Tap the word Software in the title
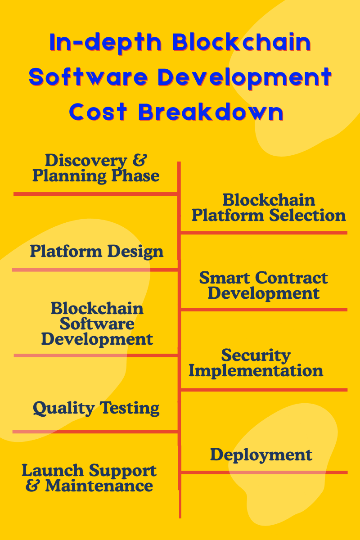point(88,77)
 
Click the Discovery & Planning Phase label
point(96,168)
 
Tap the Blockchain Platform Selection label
point(269,207)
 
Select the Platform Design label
point(96,251)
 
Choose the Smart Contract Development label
point(264,285)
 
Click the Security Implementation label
point(256,363)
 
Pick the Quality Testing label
point(96,408)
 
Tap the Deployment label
point(261,454)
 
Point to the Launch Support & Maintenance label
point(89,478)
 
